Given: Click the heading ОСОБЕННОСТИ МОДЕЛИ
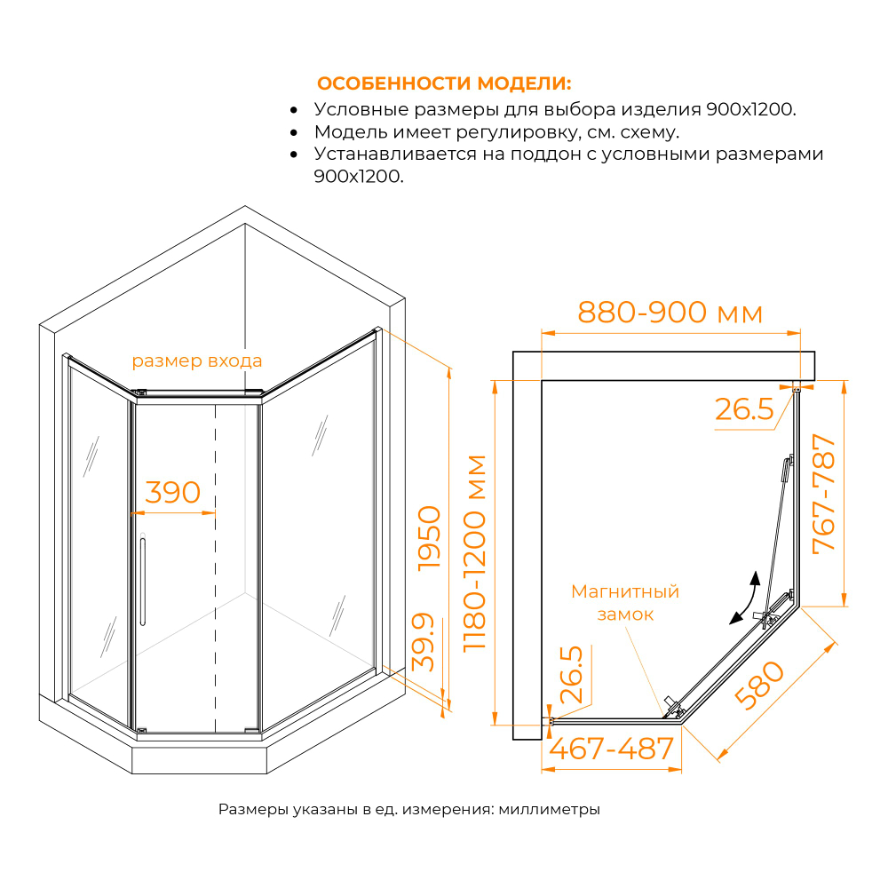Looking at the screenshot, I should click(x=444, y=84).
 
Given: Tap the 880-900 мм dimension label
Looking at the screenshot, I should click(x=670, y=313).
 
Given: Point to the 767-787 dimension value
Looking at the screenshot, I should click(x=825, y=493).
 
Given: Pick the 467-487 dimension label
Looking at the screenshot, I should click(x=612, y=749).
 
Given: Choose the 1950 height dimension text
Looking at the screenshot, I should click(x=430, y=537).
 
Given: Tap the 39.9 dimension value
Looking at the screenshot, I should click(x=424, y=641).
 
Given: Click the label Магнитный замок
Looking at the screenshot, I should click(x=624, y=602).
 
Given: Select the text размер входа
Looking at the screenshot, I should click(x=196, y=361).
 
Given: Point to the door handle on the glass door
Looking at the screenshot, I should click(x=141, y=582).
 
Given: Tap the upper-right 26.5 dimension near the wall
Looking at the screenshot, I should click(x=742, y=409).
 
